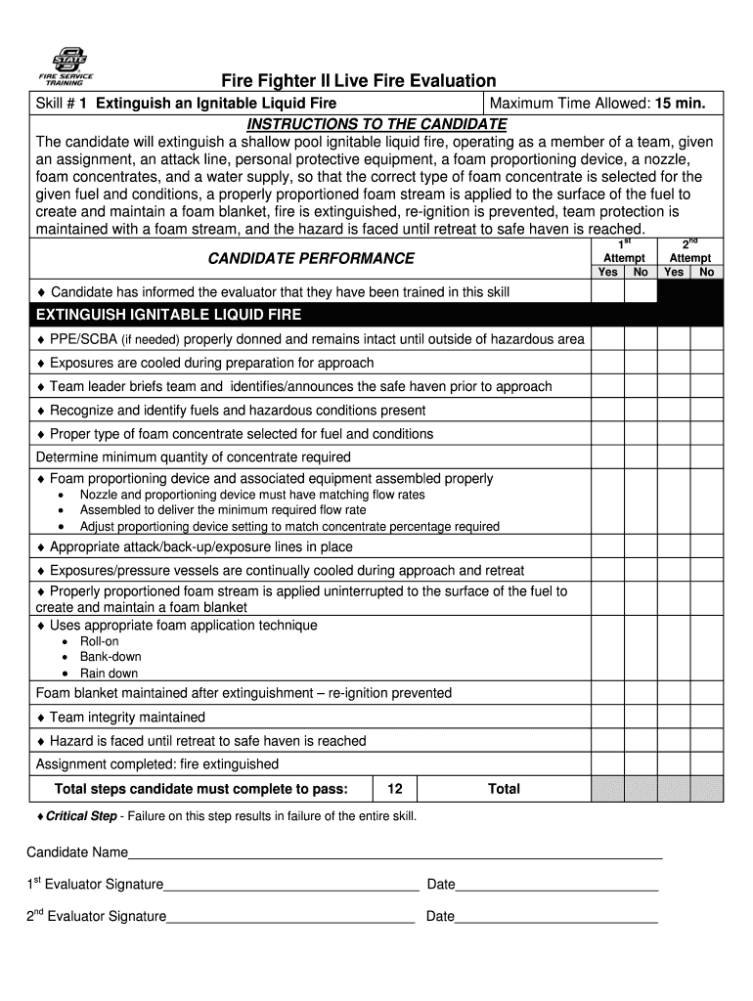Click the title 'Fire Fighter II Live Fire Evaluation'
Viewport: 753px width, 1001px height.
pyautogui.click(x=357, y=81)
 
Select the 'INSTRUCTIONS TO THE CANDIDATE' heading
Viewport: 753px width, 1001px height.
pyautogui.click(x=376, y=124)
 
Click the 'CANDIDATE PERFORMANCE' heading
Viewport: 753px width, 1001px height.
pyautogui.click(x=311, y=258)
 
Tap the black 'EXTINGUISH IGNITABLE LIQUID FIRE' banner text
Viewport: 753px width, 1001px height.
pyautogui.click(x=168, y=315)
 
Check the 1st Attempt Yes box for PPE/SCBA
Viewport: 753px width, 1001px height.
pyautogui.click(x=607, y=339)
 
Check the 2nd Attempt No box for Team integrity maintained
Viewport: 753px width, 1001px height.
pyautogui.click(x=706, y=717)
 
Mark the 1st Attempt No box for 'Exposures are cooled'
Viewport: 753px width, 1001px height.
pyautogui.click(x=641, y=363)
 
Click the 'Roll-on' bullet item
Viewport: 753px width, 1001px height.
pyautogui.click(x=99, y=641)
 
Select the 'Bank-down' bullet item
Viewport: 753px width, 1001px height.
pyautogui.click(x=110, y=657)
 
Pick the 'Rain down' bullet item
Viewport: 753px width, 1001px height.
pyautogui.click(x=109, y=674)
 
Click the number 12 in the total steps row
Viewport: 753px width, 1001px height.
pyautogui.click(x=394, y=789)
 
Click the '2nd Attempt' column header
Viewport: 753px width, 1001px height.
pyautogui.click(x=690, y=251)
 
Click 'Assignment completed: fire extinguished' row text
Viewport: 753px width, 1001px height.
pyautogui.click(x=157, y=764)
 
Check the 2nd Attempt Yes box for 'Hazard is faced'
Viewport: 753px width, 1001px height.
pyautogui.click(x=674, y=741)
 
